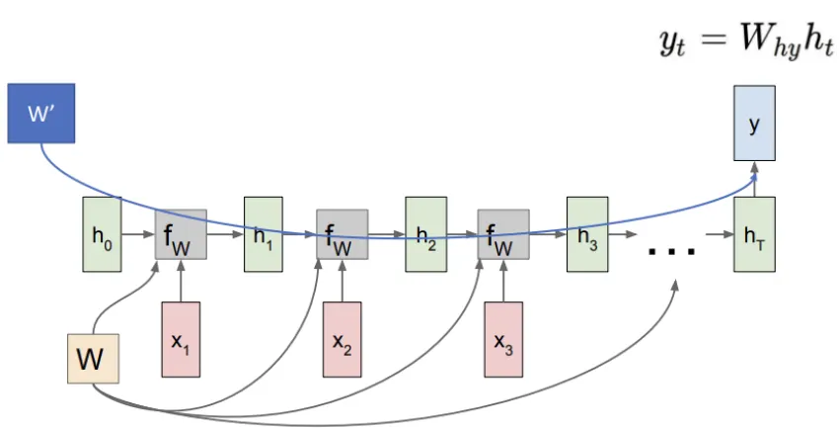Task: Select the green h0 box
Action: tap(101, 234)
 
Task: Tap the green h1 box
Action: tap(263, 234)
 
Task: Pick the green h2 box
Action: tap(424, 234)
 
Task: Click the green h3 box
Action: tap(586, 234)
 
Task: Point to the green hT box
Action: tap(753, 234)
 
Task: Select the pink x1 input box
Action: tap(181, 339)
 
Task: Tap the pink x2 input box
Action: tap(343, 339)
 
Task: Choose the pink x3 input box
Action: tap(504, 339)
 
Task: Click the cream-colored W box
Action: tap(93, 359)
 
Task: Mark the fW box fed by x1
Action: tap(181, 234)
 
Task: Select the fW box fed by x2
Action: tap(343, 234)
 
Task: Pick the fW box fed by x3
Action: tap(504, 234)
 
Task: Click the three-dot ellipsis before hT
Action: tap(672, 250)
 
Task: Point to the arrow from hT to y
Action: tap(753, 180)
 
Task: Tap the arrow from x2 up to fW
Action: tap(343, 281)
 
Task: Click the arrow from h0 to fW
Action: tap(137, 235)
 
